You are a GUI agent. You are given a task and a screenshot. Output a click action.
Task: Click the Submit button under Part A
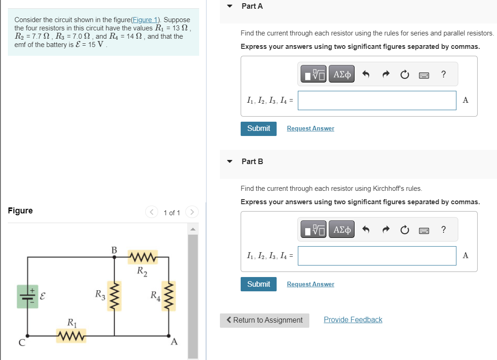click(258, 129)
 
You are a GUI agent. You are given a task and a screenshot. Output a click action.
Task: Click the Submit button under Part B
click(258, 284)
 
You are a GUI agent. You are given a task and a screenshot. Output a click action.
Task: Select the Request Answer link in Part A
click(310, 129)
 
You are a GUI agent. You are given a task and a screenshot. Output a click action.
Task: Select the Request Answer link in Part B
click(310, 284)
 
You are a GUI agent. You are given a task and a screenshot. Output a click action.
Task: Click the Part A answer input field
click(377, 100)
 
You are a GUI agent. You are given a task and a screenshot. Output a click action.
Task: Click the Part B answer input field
click(377, 256)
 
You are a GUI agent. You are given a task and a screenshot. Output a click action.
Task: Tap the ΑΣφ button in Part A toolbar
click(342, 74)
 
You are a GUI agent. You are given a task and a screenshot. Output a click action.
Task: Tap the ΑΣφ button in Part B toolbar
click(342, 229)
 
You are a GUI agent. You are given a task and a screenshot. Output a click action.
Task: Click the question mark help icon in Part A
click(443, 74)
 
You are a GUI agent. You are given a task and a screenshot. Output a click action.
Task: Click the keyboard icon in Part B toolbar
click(424, 230)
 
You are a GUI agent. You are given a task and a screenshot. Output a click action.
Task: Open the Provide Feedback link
click(353, 320)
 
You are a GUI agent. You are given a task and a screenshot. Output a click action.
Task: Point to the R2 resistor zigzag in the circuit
click(143, 256)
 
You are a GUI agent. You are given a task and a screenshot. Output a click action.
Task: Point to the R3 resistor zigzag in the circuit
click(114, 296)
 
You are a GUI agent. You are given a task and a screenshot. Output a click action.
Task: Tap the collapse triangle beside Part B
click(230, 162)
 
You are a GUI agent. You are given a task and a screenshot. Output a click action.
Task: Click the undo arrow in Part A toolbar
click(366, 74)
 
